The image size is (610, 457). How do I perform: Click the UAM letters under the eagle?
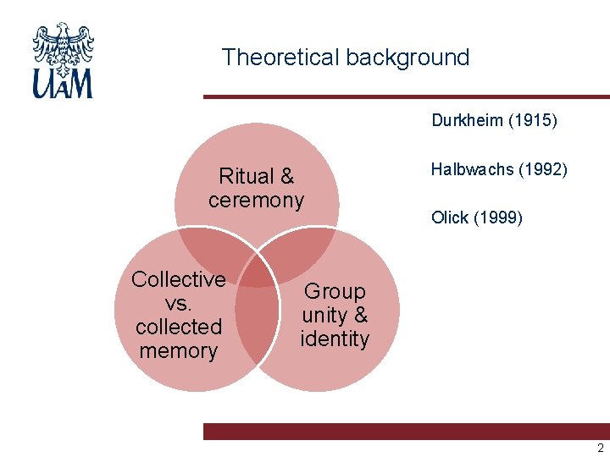point(63,84)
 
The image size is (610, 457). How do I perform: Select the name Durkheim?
point(468,120)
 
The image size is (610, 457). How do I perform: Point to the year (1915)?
point(532,120)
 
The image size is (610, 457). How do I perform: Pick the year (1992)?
point(542,169)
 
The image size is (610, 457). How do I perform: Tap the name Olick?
point(450,217)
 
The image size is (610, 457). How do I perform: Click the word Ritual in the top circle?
point(245,177)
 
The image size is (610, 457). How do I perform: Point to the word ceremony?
point(256,201)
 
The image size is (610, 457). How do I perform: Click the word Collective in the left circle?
point(179,279)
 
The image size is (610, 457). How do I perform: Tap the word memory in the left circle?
point(179,350)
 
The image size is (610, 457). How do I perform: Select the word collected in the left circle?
point(179,327)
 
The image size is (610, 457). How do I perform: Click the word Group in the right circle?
point(335,292)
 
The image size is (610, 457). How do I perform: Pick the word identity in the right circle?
point(335,339)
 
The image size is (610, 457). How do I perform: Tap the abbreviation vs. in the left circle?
point(179,303)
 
